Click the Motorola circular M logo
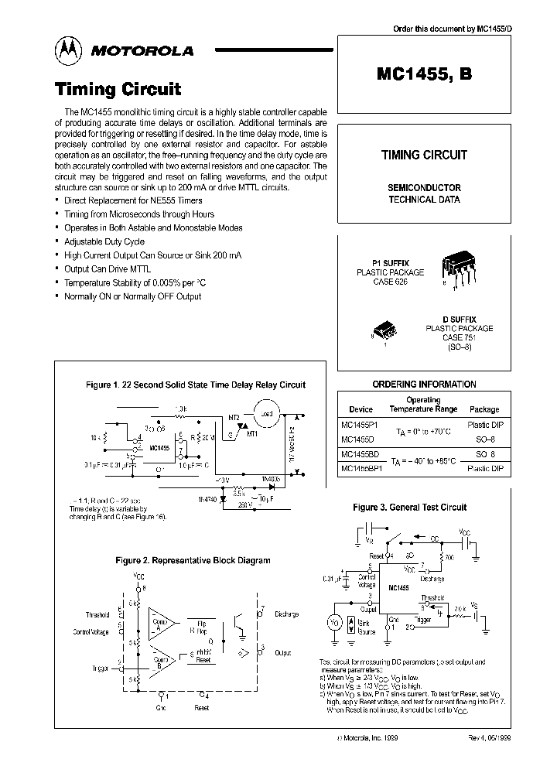tap(70, 50)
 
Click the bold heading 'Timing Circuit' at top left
tap(118, 89)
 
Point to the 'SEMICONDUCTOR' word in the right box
tap(424, 188)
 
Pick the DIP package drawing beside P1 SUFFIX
tap(460, 268)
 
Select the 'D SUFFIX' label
tap(459, 319)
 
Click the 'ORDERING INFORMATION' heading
tap(424, 385)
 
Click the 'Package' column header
tap(484, 409)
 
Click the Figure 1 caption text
tap(194, 385)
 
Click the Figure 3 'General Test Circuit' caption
tap(420, 508)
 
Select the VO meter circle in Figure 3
tap(335, 621)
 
